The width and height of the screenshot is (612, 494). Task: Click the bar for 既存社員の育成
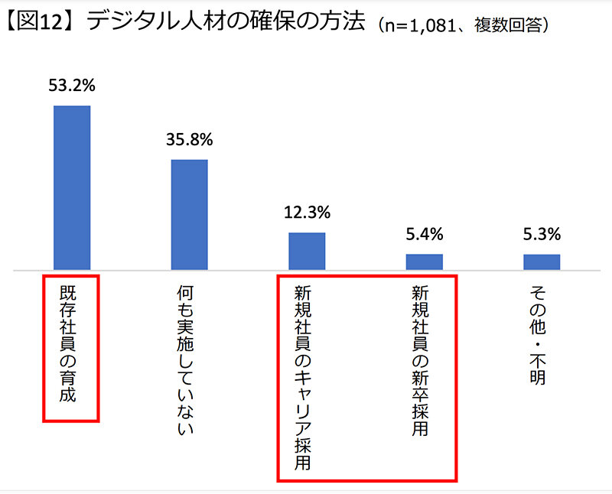point(71,187)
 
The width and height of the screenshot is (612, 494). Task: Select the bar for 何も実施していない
point(189,214)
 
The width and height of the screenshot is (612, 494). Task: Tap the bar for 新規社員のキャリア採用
point(307,251)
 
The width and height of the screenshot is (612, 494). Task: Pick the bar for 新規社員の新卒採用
point(425,262)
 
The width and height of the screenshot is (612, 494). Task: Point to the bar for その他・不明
point(542,262)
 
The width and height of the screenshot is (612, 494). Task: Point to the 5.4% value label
point(425,233)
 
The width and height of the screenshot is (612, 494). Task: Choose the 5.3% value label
point(542,233)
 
